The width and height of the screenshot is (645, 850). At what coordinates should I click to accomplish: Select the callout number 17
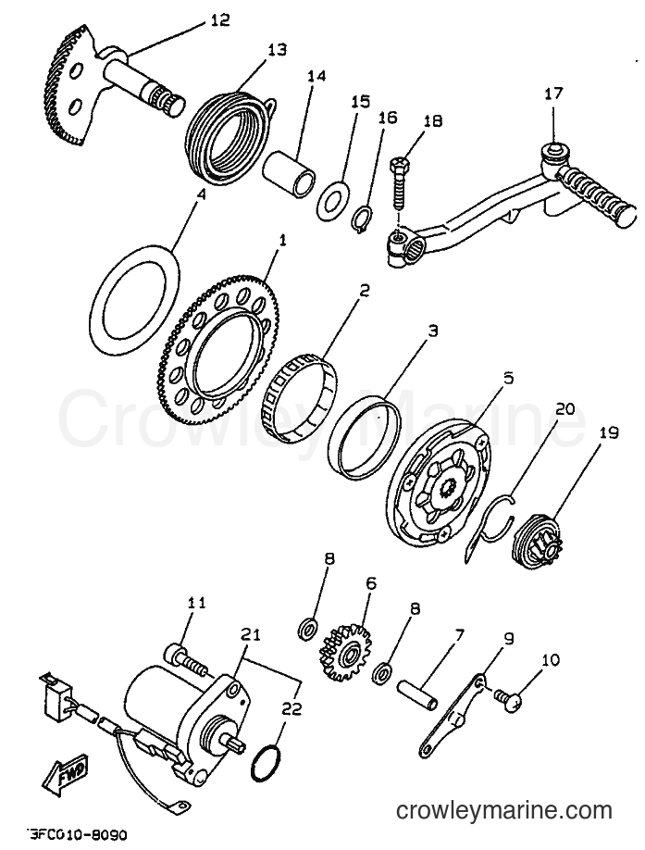(553, 94)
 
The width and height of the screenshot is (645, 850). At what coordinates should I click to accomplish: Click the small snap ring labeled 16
(362, 220)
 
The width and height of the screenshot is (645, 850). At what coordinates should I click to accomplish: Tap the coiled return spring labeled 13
(227, 131)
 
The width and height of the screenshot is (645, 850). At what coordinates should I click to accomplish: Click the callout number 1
(282, 241)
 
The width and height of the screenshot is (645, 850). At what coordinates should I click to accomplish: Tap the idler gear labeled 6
(344, 652)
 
